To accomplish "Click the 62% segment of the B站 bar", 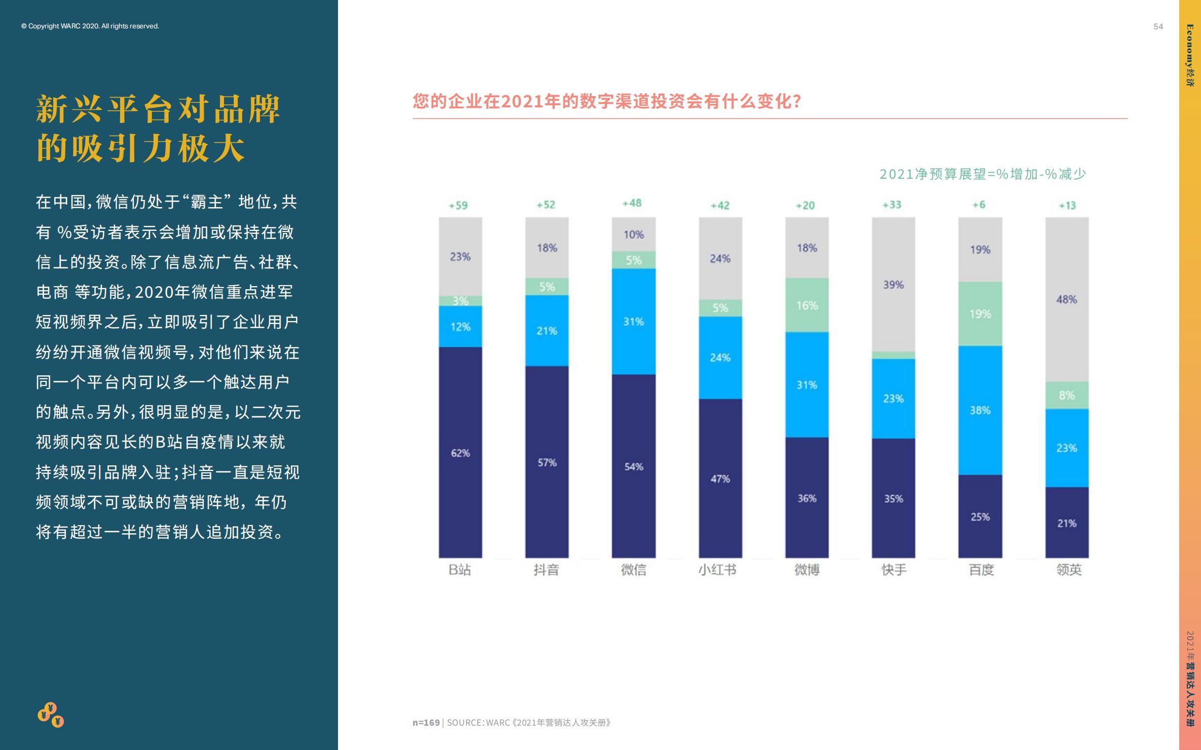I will [x=460, y=452].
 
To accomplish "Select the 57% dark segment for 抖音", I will [x=547, y=462].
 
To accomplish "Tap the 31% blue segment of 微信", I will [x=633, y=322].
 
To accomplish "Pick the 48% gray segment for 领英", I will [x=1067, y=299].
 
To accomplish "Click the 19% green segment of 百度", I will [x=980, y=314].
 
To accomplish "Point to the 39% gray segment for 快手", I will [x=893, y=285].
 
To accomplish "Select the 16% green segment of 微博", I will [x=807, y=305].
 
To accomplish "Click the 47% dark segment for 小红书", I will [x=720, y=479].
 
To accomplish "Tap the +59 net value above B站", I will [x=458, y=206].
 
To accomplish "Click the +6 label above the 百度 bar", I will [x=979, y=205].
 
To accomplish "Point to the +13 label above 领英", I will [x=1067, y=206].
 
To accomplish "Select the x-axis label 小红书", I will [x=717, y=570].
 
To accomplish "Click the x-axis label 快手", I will [x=894, y=570].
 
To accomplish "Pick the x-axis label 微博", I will [x=807, y=570].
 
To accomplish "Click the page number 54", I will [x=1158, y=27].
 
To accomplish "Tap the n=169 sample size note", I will [x=426, y=723].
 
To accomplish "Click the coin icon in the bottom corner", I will [x=51, y=715].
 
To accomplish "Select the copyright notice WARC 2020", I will [x=90, y=26].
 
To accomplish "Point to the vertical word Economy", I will [x=1190, y=46].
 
